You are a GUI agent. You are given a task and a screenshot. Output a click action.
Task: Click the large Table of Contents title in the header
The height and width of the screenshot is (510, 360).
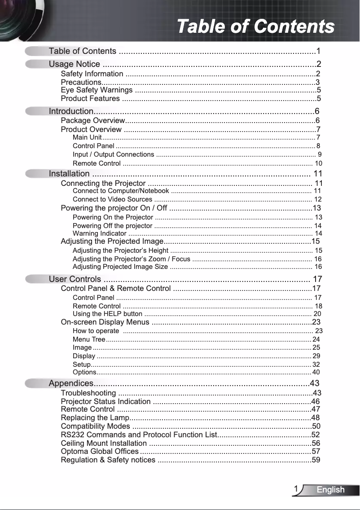[255, 26]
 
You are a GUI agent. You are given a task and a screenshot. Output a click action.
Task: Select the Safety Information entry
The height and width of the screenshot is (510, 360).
[92, 74]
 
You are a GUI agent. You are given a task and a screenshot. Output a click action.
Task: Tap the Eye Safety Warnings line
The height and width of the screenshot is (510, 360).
[97, 90]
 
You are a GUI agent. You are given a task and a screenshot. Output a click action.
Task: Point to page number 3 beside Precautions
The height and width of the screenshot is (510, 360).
[317, 82]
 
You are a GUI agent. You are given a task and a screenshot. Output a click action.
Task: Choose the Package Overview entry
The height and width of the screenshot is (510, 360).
[92, 120]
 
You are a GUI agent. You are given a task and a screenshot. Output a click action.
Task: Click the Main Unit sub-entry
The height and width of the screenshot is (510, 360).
[87, 137]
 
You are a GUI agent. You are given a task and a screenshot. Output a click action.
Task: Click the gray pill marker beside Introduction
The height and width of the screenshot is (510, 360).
[36, 111]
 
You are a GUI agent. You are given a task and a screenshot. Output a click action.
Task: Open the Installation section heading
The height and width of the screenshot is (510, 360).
[69, 173]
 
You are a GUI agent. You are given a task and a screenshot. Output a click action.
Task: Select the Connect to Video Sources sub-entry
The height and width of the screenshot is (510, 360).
[112, 199]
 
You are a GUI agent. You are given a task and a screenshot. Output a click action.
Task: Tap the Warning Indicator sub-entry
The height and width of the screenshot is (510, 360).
[99, 233]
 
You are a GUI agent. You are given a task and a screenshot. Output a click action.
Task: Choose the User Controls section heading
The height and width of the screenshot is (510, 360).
[75, 279]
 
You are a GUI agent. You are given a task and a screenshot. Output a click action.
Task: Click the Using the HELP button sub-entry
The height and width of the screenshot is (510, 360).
[107, 314]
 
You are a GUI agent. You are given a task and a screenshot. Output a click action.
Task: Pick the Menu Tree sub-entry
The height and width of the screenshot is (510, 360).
[89, 339]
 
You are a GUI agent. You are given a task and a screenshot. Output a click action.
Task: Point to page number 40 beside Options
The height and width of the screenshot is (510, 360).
[316, 372]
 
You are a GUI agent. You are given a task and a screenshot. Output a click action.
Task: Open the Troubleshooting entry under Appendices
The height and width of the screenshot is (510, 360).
[88, 393]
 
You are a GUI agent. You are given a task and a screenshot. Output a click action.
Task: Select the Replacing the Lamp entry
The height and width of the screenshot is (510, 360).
[94, 418]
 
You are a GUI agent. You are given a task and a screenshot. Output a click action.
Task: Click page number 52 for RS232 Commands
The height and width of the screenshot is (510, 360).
[316, 435]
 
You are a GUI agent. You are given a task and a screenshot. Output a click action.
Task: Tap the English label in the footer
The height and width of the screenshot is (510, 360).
[330, 490]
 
